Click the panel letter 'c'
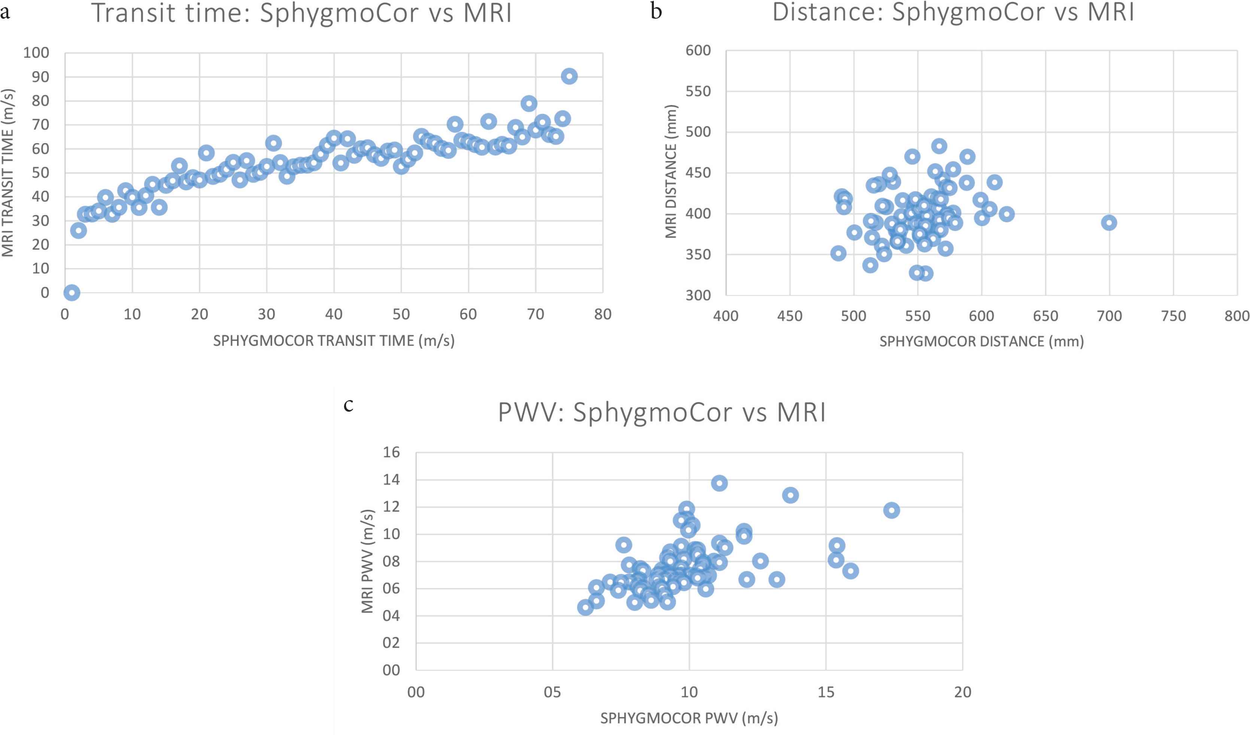[x=348, y=405]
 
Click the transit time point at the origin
[x=72, y=292]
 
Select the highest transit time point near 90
[x=569, y=76]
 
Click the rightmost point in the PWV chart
[x=891, y=510]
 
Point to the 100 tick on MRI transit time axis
[x=36, y=52]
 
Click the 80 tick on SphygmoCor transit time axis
[x=603, y=314]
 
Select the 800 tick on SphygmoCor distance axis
[x=1237, y=316]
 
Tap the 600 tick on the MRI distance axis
[x=698, y=50]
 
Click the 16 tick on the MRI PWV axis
[x=391, y=452]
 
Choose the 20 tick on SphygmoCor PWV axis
[x=962, y=692]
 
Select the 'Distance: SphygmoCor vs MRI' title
[x=953, y=12]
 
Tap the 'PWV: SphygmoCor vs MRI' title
[x=662, y=412]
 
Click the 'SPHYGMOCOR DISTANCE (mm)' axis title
[x=981, y=341]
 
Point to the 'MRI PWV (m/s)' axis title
[x=367, y=561]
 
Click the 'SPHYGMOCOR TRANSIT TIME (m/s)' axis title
[x=334, y=341]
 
